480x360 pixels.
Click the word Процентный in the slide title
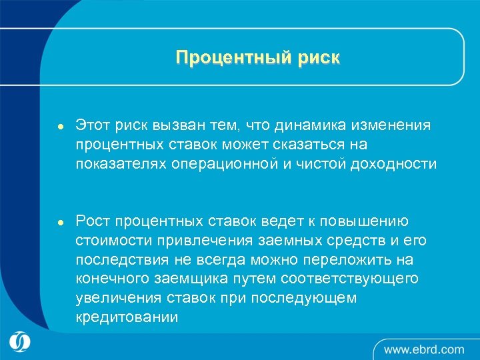(x=228, y=58)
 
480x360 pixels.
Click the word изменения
(x=393, y=125)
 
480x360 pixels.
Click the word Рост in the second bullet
(x=92, y=221)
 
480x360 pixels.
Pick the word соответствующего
(x=351, y=279)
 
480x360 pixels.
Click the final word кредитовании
(x=127, y=317)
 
